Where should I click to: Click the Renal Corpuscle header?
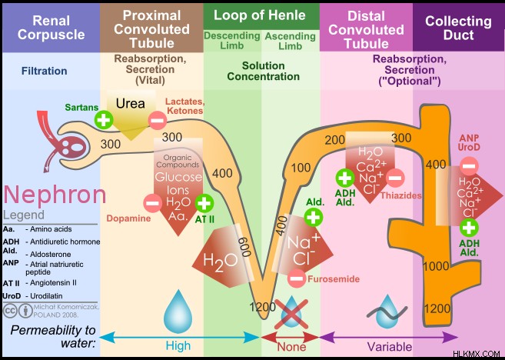[x=51, y=28]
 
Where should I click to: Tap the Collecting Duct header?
[x=458, y=28]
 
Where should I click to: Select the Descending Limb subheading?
[x=232, y=40]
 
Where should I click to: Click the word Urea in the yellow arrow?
[x=131, y=103]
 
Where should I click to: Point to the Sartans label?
[x=81, y=108]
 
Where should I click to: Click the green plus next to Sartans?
[x=104, y=119]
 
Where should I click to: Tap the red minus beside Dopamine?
[x=153, y=203]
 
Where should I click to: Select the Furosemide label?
[x=334, y=278]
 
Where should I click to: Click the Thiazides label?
[x=401, y=195]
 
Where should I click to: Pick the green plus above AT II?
[x=204, y=203]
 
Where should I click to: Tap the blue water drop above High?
[x=178, y=311]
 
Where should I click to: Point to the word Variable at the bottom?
[x=390, y=347]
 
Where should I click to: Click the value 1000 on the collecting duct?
[x=436, y=266]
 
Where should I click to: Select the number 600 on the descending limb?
[x=244, y=247]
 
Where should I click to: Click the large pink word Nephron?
[x=55, y=195]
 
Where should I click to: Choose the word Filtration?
[x=44, y=71]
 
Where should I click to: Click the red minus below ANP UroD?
[x=469, y=166]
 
